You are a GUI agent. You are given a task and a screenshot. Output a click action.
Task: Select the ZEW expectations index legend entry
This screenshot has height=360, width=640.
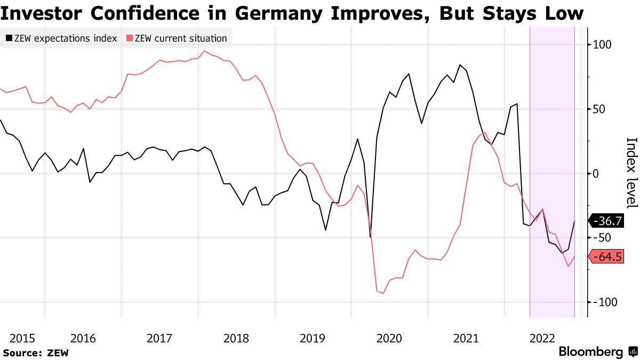(x=62, y=38)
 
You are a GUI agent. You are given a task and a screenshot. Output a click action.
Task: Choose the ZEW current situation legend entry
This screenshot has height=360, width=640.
(x=177, y=38)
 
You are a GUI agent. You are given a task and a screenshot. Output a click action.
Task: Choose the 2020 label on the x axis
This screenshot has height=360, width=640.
(x=389, y=338)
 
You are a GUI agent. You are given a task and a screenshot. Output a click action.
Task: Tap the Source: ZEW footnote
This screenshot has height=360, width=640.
(x=36, y=353)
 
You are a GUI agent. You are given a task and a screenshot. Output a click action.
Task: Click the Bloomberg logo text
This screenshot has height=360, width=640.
(x=590, y=352)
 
